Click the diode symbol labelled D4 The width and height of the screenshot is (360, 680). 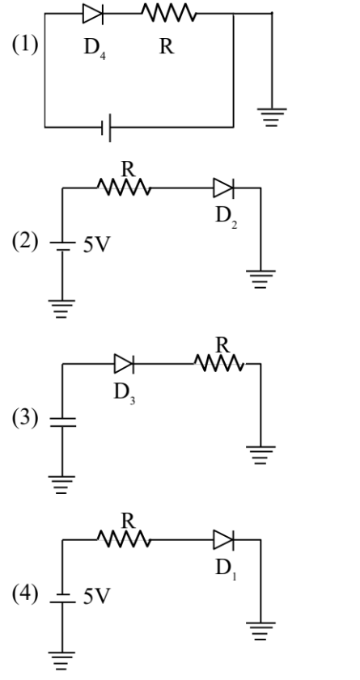(x=91, y=14)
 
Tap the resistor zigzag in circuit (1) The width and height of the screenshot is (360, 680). (x=166, y=14)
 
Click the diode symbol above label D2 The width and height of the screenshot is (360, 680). (x=223, y=189)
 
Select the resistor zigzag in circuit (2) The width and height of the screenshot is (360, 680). (x=123, y=189)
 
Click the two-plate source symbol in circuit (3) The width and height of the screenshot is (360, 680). (x=61, y=421)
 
